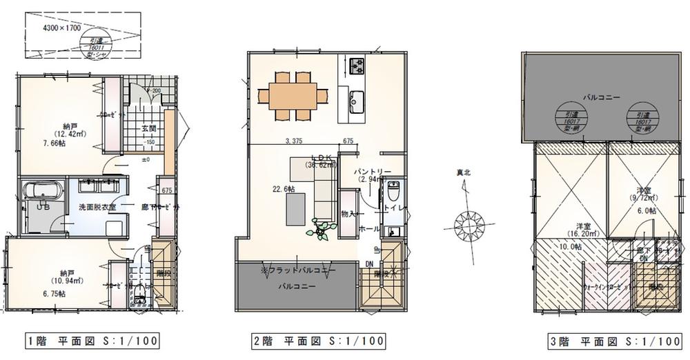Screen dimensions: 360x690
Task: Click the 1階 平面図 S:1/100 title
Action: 92,341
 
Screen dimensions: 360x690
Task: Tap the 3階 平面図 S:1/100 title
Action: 613,341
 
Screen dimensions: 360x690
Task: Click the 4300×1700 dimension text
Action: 62,28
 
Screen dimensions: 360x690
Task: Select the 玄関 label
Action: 148,128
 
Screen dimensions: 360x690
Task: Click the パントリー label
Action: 373,170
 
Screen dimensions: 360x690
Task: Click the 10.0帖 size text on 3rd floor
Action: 570,247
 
